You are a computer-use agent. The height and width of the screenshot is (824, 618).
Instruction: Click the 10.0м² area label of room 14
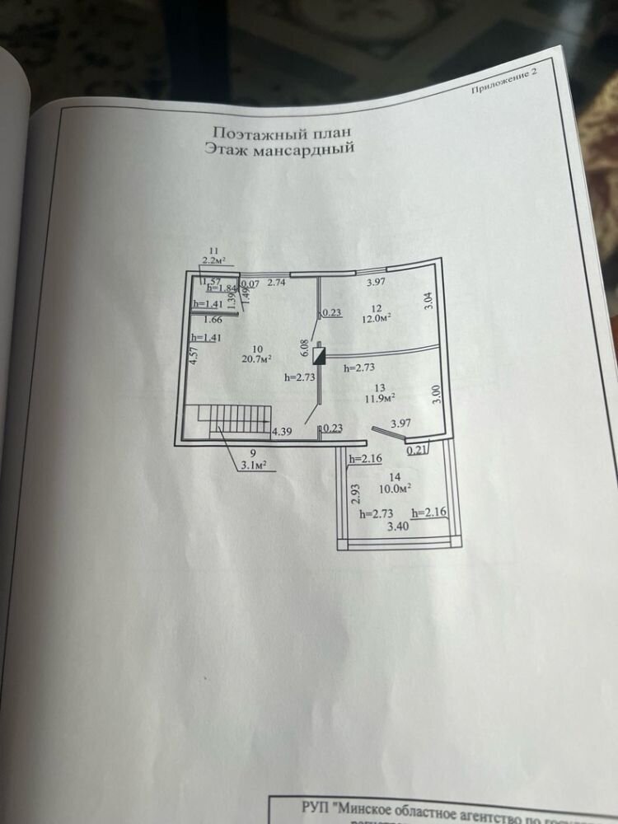(395, 488)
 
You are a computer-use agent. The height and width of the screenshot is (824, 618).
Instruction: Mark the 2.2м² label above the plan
(213, 260)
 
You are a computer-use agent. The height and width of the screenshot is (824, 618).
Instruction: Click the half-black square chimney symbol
(321, 354)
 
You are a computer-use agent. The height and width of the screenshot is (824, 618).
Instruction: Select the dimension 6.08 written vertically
(305, 349)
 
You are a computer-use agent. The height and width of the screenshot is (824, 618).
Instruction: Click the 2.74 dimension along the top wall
(276, 283)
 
